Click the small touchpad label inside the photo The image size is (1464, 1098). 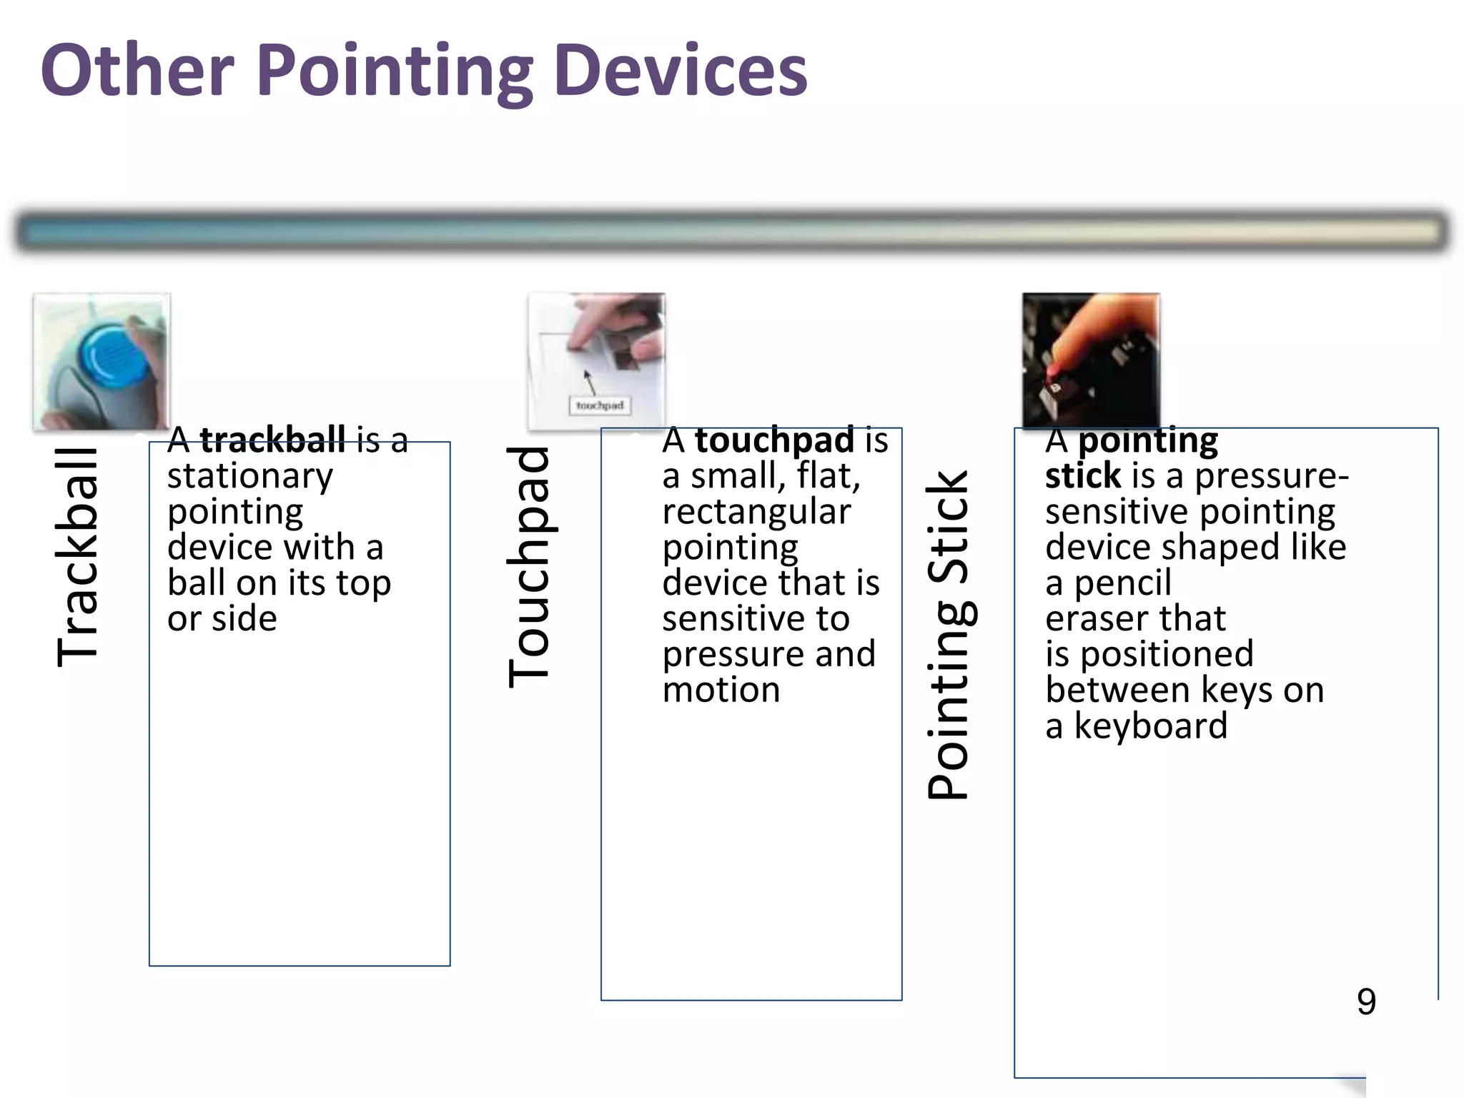point(599,405)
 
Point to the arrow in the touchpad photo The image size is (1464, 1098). point(589,381)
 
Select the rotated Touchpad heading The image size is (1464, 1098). point(528,566)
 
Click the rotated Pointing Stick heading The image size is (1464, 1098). point(947,635)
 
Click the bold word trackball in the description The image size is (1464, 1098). point(272,440)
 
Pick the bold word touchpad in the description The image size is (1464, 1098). point(773,440)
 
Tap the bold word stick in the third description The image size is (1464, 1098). point(1082,476)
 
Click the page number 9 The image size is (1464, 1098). point(1366,1001)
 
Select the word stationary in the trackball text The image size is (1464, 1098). point(249,476)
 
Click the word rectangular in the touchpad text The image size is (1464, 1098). point(756,512)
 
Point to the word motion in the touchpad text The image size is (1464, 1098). point(721,691)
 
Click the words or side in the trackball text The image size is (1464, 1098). point(222,619)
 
